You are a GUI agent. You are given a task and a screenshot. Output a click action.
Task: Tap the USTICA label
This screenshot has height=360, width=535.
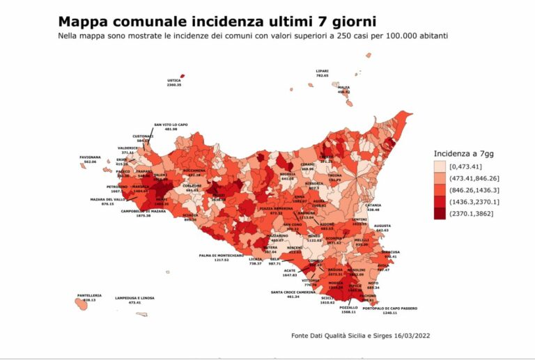tap(173, 81)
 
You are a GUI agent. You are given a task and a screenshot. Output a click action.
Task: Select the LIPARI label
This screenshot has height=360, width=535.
tap(322, 70)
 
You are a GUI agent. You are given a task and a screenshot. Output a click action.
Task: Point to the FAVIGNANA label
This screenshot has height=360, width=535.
tap(90, 157)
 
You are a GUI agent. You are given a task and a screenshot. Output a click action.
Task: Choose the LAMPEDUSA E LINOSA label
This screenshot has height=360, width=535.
tap(135, 298)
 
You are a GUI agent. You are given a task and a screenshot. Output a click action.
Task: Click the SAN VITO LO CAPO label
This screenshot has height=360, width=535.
tap(171, 125)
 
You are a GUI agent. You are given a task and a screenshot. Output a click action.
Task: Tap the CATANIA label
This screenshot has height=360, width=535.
tap(373, 205)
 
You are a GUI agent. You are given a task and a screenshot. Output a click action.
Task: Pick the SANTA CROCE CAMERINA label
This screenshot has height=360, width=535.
tap(295, 292)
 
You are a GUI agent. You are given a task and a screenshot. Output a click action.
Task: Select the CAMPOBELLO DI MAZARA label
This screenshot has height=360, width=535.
tap(145, 211)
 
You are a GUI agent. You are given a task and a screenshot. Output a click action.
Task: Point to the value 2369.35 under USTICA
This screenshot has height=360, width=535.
tap(173, 85)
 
